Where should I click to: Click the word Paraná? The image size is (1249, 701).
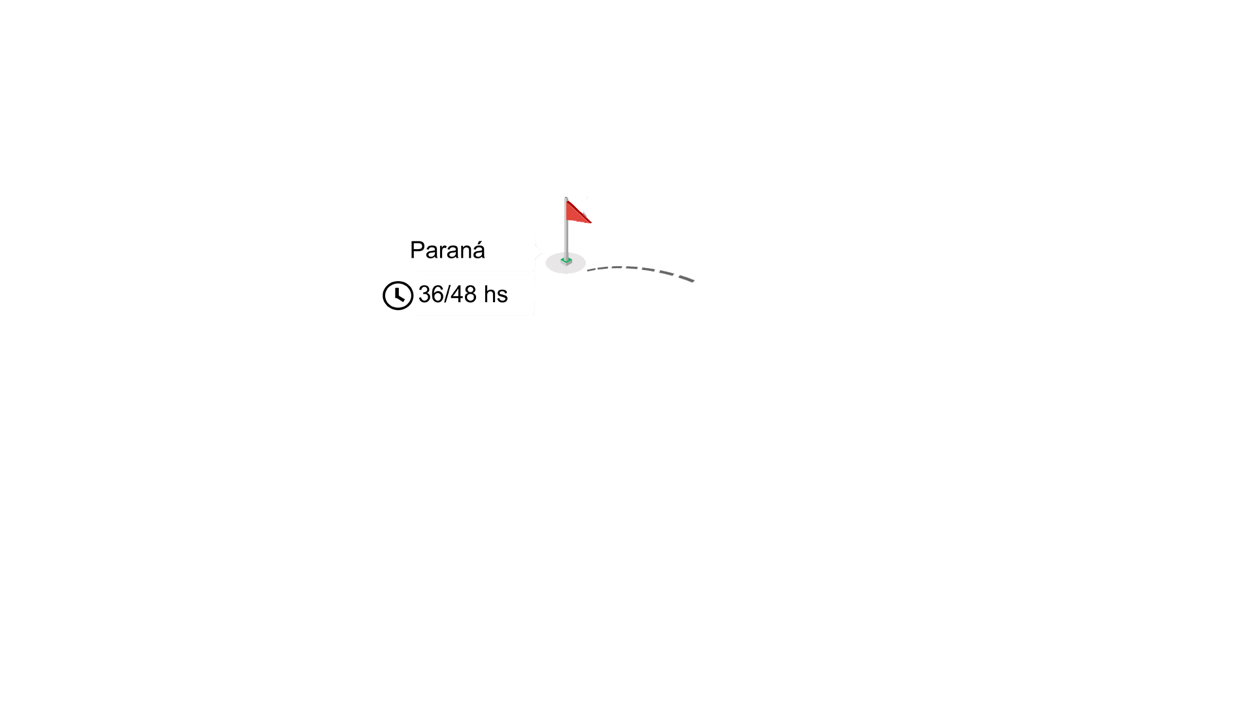coord(447,250)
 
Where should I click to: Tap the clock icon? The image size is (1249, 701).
coord(398,296)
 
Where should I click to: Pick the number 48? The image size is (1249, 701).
coord(464,294)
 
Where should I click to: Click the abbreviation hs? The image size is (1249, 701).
coord(496,294)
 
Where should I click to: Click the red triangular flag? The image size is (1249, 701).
coord(578,212)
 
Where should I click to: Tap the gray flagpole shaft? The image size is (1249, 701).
coord(566,229)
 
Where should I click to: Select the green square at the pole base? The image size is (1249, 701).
coord(566,261)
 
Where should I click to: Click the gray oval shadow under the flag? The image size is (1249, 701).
coord(566,263)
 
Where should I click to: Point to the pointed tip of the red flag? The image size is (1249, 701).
coord(591,222)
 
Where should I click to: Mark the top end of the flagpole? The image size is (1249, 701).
coord(566,197)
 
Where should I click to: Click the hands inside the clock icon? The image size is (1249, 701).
coord(399,294)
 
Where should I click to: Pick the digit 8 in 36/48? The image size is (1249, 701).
coord(470,294)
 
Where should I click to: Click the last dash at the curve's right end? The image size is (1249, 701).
coord(686,279)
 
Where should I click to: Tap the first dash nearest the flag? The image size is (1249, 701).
coord(592,269)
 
